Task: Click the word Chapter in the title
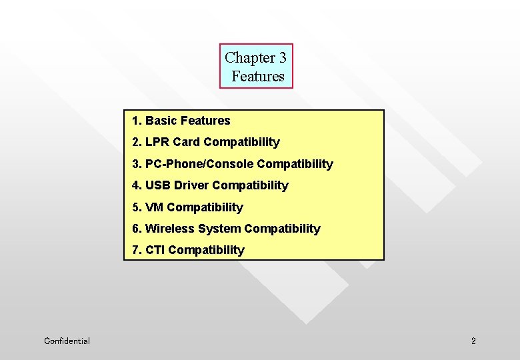pyautogui.click(x=250, y=58)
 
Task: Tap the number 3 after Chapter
pyautogui.click(x=282, y=58)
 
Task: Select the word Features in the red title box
pyautogui.click(x=258, y=77)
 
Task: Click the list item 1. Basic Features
pyautogui.click(x=181, y=121)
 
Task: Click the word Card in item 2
pyautogui.click(x=186, y=142)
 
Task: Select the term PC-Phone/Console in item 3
pyautogui.click(x=199, y=164)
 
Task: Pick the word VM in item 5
pyautogui.click(x=154, y=207)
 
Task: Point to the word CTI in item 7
pyautogui.click(x=155, y=250)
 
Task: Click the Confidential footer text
pyautogui.click(x=67, y=341)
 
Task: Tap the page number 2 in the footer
pyautogui.click(x=473, y=341)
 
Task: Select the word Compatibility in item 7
pyautogui.click(x=207, y=250)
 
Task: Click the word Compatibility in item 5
pyautogui.click(x=205, y=207)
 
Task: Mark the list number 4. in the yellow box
pyautogui.click(x=137, y=185)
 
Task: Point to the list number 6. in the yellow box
pyautogui.click(x=137, y=229)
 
